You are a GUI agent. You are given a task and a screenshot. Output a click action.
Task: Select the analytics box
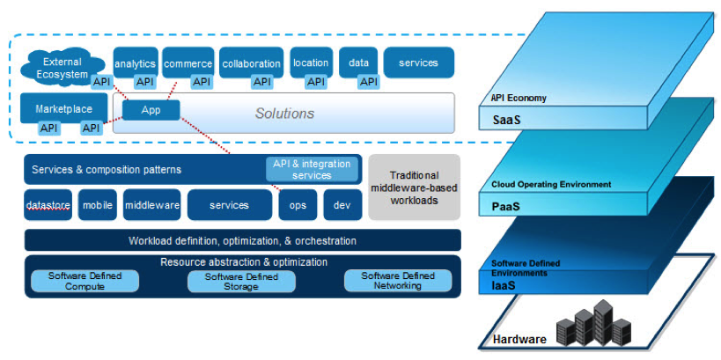pos(135,62)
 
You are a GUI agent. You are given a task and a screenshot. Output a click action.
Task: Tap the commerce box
pos(188,62)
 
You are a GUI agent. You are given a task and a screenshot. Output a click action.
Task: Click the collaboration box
pos(251,62)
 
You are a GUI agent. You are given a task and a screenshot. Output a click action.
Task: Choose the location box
pos(311,62)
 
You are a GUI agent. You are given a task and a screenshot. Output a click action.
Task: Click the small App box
pos(151,110)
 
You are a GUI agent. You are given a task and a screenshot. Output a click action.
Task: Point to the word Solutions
pos(284,114)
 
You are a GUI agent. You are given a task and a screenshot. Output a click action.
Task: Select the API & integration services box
pos(312,169)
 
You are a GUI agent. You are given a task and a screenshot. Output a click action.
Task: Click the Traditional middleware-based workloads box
pos(414,187)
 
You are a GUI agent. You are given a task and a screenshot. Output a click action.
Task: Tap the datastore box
pos(48,205)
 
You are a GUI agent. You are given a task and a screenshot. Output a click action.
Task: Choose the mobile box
pos(98,205)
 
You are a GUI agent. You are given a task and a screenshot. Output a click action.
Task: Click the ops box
pos(298,205)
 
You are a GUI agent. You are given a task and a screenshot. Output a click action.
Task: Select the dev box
pos(342,205)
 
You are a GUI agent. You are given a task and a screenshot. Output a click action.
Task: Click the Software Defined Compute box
pos(85,281)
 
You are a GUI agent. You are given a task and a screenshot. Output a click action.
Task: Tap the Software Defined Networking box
pos(398,281)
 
